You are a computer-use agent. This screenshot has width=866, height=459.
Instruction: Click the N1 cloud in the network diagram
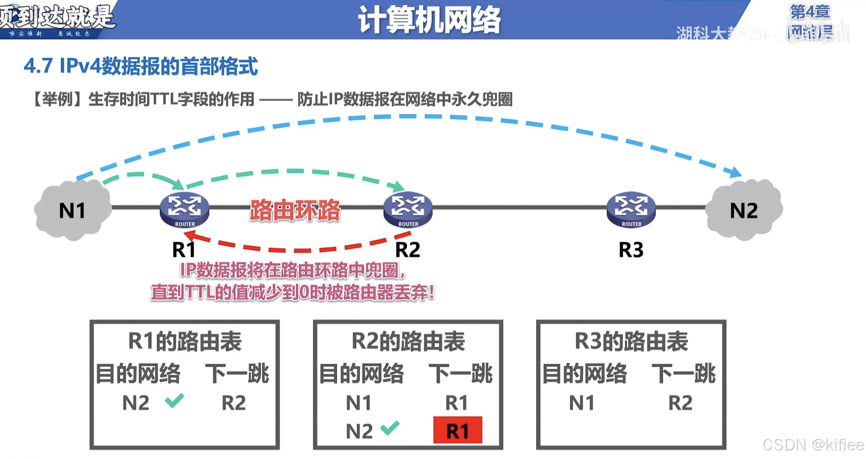[x=72, y=210]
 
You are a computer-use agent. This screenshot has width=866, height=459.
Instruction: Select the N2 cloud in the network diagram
[x=744, y=210]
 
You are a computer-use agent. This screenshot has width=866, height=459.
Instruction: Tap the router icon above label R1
[x=184, y=210]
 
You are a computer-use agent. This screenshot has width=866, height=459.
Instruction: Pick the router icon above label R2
[x=408, y=210]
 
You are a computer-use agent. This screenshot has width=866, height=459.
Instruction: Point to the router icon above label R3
[x=631, y=210]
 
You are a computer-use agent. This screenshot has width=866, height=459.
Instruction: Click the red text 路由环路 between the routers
[x=295, y=210]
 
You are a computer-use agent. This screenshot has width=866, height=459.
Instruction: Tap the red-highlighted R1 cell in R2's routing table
[x=457, y=431]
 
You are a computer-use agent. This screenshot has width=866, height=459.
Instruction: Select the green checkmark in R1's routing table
[x=174, y=400]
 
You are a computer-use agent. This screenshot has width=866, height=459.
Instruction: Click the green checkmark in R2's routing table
[x=390, y=427]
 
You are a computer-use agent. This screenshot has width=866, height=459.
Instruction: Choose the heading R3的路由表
[x=631, y=341]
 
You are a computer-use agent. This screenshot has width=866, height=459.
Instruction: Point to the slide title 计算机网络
[x=429, y=20]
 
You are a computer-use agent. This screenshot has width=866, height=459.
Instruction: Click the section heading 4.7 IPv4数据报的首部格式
[x=141, y=66]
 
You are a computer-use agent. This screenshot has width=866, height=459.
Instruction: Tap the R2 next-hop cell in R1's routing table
[x=234, y=403]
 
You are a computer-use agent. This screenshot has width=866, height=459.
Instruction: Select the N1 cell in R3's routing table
[x=581, y=403]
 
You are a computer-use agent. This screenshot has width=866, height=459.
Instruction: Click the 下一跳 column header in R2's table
[x=461, y=374]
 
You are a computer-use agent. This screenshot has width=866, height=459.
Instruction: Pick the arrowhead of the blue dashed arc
[x=736, y=172]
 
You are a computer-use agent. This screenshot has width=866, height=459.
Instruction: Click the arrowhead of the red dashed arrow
[x=189, y=235]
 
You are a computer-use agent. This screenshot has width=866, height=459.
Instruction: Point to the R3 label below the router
[x=631, y=250]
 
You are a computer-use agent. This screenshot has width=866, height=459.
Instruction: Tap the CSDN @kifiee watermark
[x=813, y=445]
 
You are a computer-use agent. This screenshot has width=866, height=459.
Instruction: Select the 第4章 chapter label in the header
[x=810, y=12]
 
